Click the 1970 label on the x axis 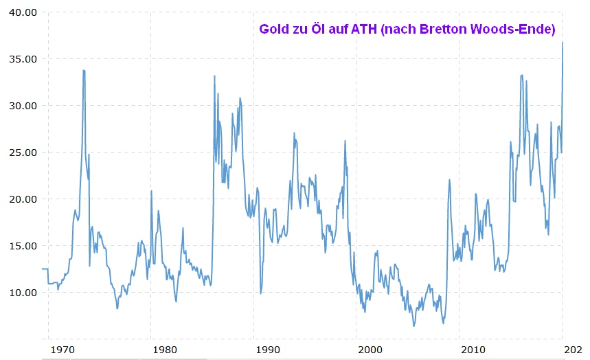63,349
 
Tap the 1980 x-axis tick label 165,349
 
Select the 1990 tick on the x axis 268,349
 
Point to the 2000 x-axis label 371,349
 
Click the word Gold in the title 273,30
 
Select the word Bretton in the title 441,30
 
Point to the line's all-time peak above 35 563,43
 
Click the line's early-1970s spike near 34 84,70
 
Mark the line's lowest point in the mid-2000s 413,326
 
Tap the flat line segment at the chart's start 45,269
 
